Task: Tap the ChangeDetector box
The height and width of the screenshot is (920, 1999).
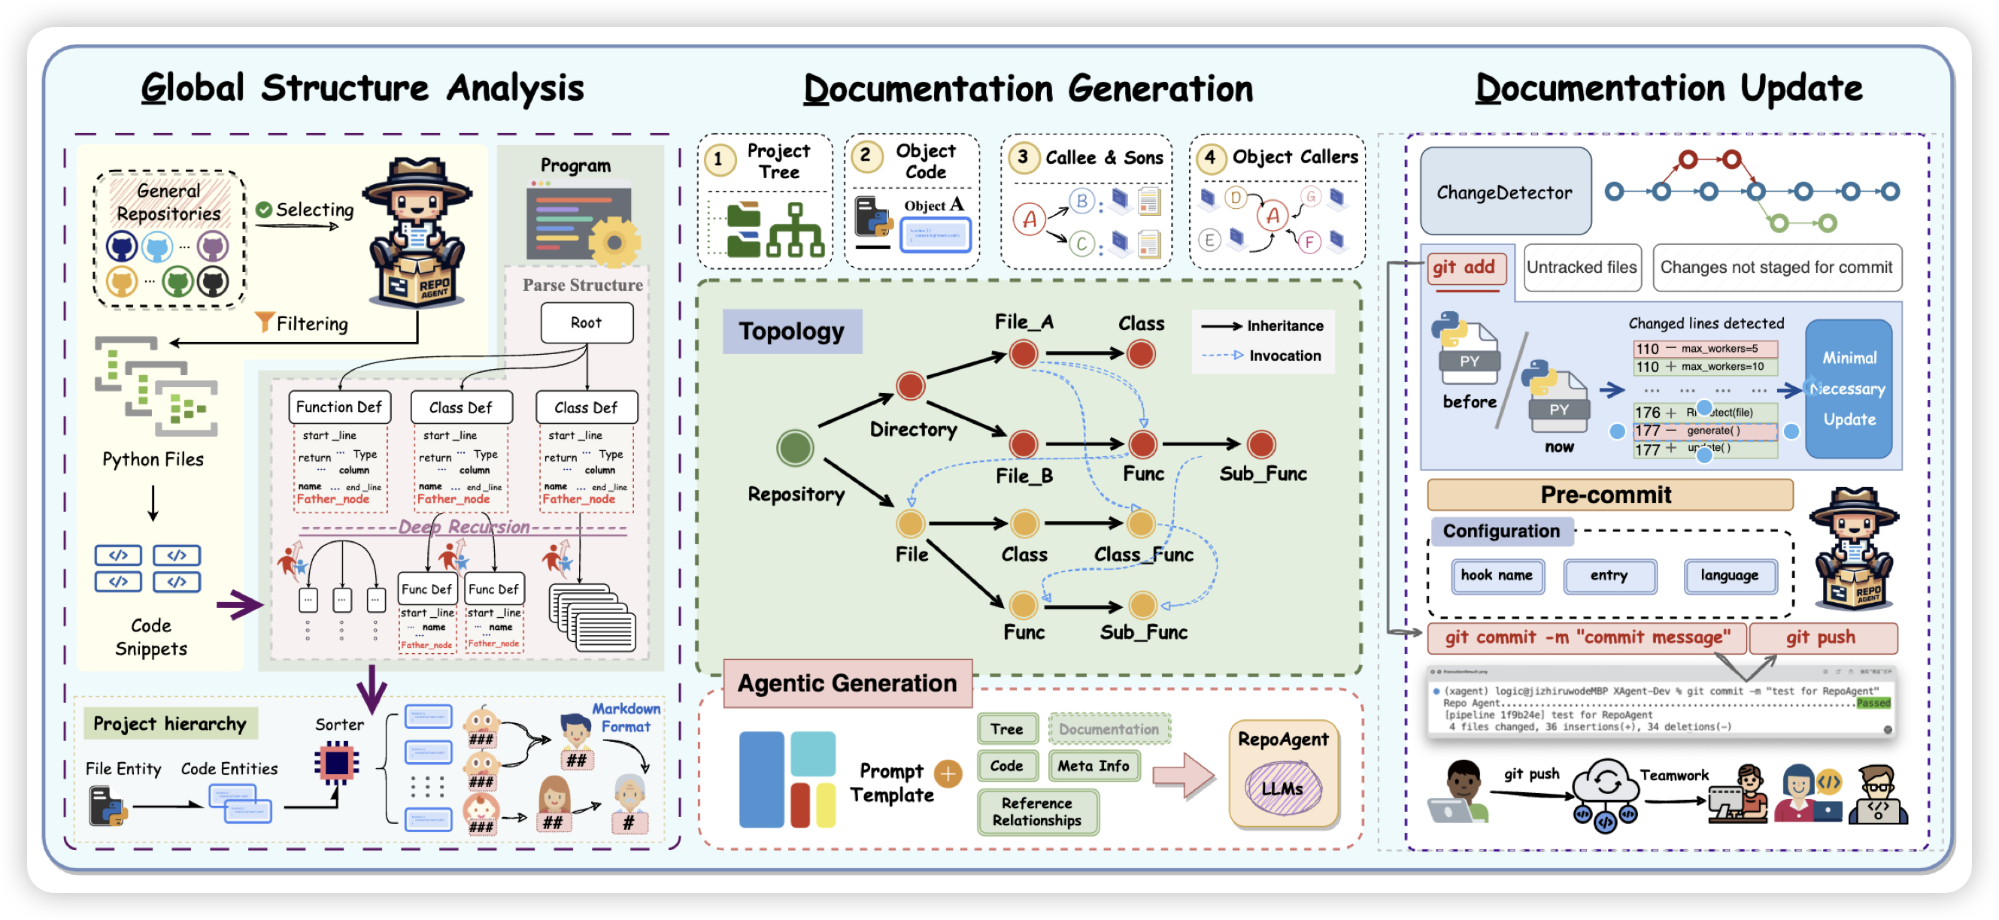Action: (1505, 192)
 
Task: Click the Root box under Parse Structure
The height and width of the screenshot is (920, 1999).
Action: (586, 322)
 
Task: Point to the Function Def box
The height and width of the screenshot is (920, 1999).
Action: (339, 407)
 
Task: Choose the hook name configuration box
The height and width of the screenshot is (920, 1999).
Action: (1496, 576)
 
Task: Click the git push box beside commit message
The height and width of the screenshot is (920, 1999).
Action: (1821, 637)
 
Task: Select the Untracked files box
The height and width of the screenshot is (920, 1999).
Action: (1582, 268)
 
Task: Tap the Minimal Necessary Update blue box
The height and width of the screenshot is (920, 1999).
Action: (1849, 389)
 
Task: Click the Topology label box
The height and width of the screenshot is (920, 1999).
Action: (791, 331)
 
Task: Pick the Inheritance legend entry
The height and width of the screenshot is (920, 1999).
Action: (1263, 326)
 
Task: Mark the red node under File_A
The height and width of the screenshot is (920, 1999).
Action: (1024, 354)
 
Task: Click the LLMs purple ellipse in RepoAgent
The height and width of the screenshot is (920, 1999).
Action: (1282, 788)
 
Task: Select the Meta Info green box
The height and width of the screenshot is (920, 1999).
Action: (1094, 766)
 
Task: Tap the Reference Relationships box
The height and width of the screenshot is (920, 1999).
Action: (1037, 812)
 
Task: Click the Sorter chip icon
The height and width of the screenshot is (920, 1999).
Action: (337, 762)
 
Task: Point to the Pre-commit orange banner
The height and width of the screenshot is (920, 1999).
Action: (1606, 495)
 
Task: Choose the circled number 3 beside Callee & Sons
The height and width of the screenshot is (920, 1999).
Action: (1023, 158)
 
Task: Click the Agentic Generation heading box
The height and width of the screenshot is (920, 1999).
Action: (847, 683)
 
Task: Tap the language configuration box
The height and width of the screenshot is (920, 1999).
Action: (1730, 576)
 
